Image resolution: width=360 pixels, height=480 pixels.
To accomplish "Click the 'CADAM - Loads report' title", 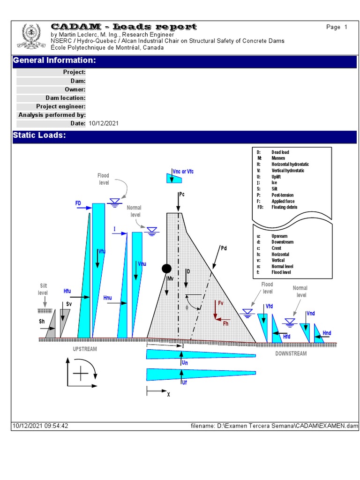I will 123,27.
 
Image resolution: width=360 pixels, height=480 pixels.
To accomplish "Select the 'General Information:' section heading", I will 54,60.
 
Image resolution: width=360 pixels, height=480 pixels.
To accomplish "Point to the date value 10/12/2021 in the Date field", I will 103,123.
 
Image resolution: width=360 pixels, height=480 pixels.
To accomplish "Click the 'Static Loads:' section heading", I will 39,135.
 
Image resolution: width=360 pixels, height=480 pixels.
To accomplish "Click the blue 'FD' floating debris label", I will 78,203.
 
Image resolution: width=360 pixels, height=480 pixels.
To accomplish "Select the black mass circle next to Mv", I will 166,269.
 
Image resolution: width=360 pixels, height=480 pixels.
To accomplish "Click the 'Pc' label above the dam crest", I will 182,194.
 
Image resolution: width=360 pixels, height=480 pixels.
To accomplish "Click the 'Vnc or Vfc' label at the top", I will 183,172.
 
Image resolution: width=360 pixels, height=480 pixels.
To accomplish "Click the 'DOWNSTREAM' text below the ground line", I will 291,353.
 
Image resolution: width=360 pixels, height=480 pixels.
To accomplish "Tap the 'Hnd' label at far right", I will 327,333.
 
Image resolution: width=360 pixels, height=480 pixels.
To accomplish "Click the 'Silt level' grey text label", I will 43,289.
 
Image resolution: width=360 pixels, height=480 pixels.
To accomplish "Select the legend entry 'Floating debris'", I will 284,207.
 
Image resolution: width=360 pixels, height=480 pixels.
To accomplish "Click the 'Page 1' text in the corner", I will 337,27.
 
